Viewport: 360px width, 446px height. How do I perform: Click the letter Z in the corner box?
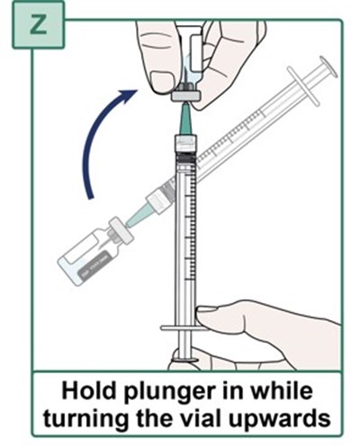pyautogui.click(x=39, y=25)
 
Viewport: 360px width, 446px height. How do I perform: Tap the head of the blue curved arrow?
pyautogui.click(x=129, y=95)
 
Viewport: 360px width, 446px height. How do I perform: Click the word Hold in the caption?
pyautogui.click(x=88, y=391)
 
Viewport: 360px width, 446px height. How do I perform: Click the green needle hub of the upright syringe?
pyautogui.click(x=185, y=119)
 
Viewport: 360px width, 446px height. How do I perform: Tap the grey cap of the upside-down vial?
pyautogui.click(x=186, y=96)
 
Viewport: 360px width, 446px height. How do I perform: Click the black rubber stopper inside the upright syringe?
pyautogui.click(x=186, y=157)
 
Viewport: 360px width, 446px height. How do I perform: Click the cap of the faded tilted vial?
pyautogui.click(x=121, y=231)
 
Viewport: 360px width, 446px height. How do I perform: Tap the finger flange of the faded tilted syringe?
pyautogui.click(x=303, y=85)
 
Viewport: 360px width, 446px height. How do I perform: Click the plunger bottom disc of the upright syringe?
pyautogui.click(x=185, y=359)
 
